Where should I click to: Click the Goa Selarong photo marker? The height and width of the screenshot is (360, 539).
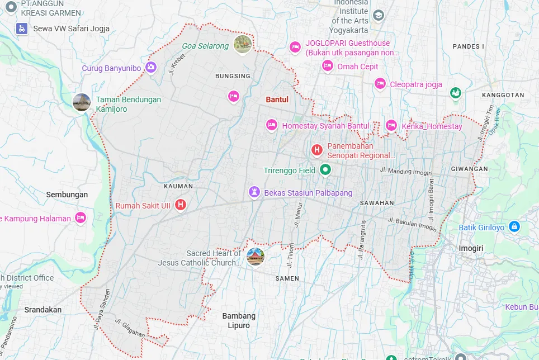(x=243, y=44)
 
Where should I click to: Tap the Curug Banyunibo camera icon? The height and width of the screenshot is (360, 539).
(x=150, y=68)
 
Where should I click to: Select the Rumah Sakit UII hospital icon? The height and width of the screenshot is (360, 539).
(x=181, y=205)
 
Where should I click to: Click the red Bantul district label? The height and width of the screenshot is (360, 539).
(x=277, y=100)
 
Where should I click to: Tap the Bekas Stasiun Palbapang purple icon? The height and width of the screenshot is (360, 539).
(x=254, y=192)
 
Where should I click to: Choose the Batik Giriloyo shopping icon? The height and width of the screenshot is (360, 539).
(x=514, y=227)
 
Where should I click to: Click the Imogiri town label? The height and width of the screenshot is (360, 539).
(x=470, y=248)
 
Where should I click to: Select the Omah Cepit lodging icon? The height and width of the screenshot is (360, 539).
(x=328, y=66)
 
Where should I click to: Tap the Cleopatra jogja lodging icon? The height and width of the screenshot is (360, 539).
(x=380, y=84)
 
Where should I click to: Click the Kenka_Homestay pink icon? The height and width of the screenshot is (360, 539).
(x=391, y=126)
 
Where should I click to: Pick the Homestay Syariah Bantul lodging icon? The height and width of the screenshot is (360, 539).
(x=272, y=125)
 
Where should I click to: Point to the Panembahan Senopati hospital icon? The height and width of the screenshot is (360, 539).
(x=316, y=150)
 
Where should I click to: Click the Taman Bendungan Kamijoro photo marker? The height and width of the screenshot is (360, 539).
(x=82, y=102)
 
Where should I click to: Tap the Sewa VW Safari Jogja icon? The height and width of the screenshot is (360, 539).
(x=22, y=28)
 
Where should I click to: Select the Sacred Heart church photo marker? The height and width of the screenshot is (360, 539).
(x=255, y=257)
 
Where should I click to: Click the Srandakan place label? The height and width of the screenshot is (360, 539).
(x=43, y=309)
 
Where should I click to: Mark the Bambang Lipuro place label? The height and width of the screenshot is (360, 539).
(x=239, y=320)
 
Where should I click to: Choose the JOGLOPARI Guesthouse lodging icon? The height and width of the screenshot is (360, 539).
(x=295, y=47)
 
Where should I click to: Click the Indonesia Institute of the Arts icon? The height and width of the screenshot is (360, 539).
(x=379, y=15)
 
